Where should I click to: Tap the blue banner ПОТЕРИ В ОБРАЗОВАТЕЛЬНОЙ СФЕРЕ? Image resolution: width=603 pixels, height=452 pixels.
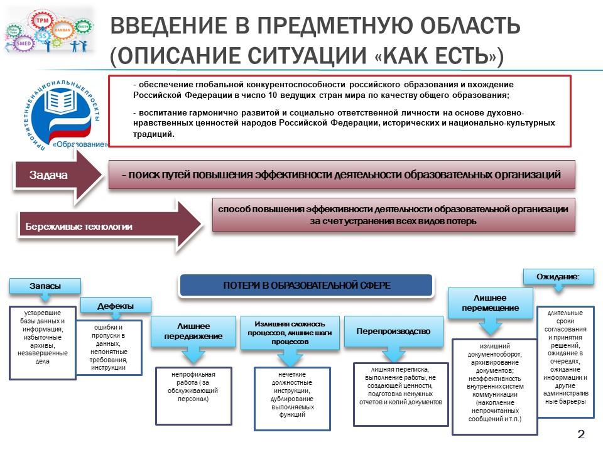(x=307, y=286)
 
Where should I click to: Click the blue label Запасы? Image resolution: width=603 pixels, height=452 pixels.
(x=45, y=286)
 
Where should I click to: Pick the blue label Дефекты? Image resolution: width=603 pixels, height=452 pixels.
(x=116, y=306)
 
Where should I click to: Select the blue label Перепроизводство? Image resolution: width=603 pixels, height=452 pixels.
(x=393, y=331)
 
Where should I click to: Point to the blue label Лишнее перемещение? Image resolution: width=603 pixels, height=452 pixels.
(x=490, y=303)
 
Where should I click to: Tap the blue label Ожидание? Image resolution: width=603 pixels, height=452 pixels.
(x=557, y=276)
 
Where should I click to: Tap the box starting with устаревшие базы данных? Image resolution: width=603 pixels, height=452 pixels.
(x=43, y=343)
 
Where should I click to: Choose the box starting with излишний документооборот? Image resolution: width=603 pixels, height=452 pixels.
(x=494, y=387)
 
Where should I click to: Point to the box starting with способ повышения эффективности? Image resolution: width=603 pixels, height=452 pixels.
(x=393, y=215)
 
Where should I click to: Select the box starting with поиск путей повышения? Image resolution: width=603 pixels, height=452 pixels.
(x=342, y=175)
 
